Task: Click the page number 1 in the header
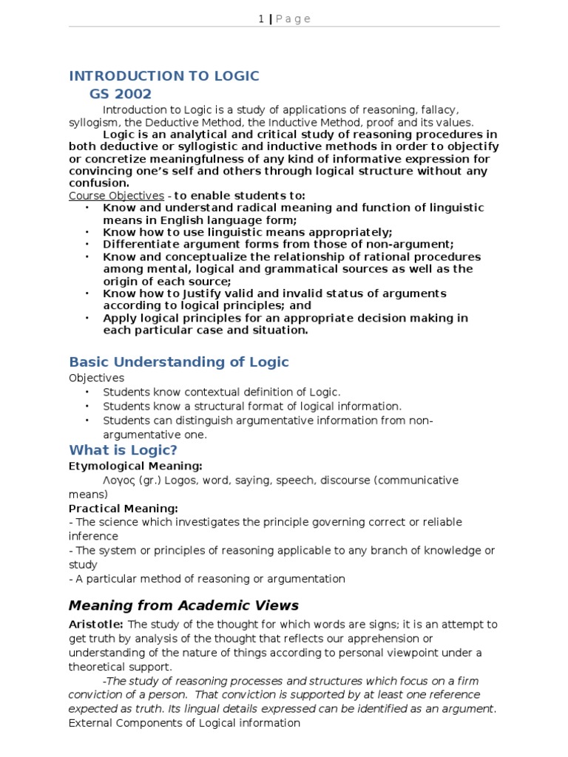(261, 19)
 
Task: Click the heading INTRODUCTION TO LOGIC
(164, 76)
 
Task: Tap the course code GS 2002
(121, 94)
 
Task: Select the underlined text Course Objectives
(116, 196)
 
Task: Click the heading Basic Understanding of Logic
(179, 361)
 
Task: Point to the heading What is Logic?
(124, 450)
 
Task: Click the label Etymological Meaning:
(135, 466)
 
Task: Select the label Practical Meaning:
(124, 509)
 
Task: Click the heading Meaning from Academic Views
(183, 605)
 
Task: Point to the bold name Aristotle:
(97, 625)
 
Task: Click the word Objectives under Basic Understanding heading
(97, 378)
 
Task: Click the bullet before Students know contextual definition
(87, 392)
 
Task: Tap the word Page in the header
(294, 19)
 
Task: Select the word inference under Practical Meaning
(93, 536)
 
